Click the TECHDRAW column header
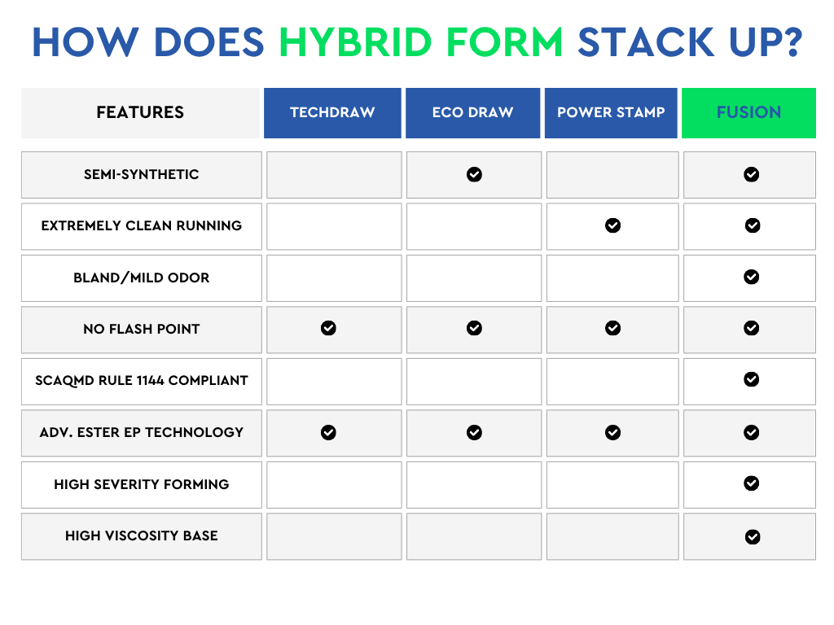coord(332,112)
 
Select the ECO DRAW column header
coord(473,112)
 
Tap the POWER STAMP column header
coord(611,112)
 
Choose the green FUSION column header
coord(749,112)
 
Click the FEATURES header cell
coord(140,112)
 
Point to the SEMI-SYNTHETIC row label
coord(142,174)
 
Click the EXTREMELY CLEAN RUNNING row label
coord(142,226)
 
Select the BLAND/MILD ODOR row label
coord(142,278)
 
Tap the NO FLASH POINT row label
coord(142,329)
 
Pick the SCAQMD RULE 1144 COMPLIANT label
coord(142,381)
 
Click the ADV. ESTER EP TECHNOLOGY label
coord(142,432)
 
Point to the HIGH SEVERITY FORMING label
coord(142,484)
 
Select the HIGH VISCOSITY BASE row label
coord(142,535)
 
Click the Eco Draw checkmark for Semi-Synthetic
coord(475,174)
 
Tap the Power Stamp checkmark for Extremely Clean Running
coord(612,225)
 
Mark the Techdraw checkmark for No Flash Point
coord(329,328)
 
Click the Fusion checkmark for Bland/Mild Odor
coord(752,277)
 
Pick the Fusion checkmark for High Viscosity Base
coord(753,537)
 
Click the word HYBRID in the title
coord(355,42)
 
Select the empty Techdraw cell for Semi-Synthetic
coord(334,175)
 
